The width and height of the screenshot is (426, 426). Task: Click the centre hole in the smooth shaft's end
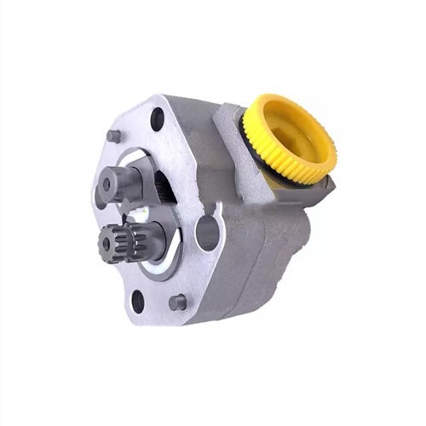[106, 182]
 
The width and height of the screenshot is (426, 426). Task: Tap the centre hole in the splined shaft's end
[106, 243]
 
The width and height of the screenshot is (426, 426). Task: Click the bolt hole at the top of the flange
[158, 119]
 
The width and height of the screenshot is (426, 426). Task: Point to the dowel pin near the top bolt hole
[114, 135]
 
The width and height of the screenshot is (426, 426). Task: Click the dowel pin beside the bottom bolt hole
[177, 302]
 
